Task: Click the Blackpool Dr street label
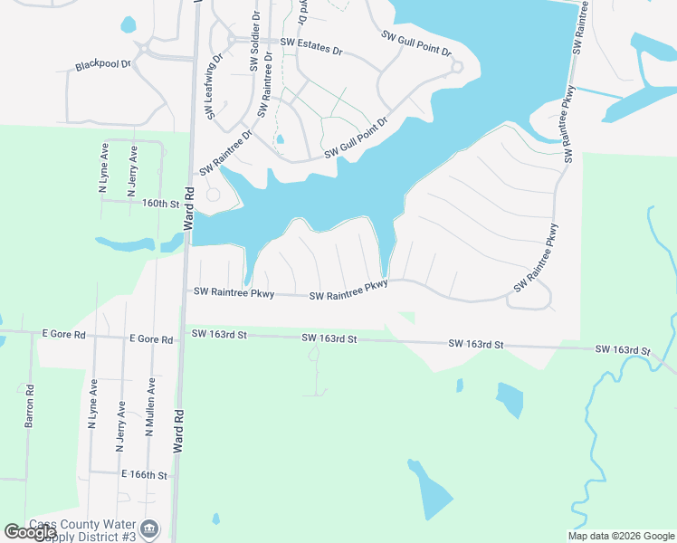[x=103, y=65]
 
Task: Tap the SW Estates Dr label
[x=311, y=43]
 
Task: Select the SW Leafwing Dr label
[x=214, y=86]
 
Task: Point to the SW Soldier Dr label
[x=255, y=41]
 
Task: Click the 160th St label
[x=160, y=204]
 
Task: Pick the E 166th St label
[x=144, y=474]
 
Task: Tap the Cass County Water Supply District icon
[x=150, y=529]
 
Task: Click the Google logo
[x=29, y=532]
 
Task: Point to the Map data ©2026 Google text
[x=621, y=536]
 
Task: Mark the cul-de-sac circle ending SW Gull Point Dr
[x=457, y=67]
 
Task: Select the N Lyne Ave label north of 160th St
[x=103, y=170]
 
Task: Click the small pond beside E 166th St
[x=215, y=519]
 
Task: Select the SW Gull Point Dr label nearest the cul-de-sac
[x=416, y=43]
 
